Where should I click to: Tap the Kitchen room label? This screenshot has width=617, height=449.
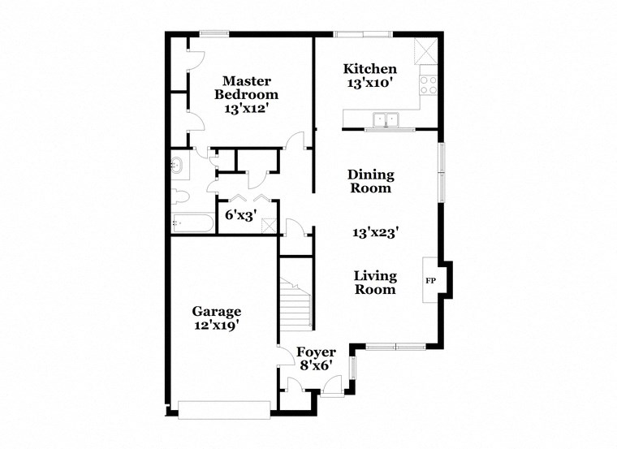[369, 69]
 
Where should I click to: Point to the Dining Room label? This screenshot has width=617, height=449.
[370, 181]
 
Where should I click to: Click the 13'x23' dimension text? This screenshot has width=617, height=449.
[374, 232]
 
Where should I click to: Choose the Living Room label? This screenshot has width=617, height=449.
[374, 282]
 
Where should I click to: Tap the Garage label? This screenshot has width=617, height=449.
[216, 311]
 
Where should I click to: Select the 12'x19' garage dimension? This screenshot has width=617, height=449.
[216, 325]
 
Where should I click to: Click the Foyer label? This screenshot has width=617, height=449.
[316, 352]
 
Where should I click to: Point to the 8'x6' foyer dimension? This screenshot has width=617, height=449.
[316, 365]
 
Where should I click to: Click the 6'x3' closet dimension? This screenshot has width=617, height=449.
[240, 216]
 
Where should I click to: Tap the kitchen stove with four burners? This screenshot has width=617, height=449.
[427, 84]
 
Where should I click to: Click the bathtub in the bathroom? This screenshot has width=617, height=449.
[191, 222]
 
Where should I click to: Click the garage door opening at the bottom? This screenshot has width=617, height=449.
[225, 409]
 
